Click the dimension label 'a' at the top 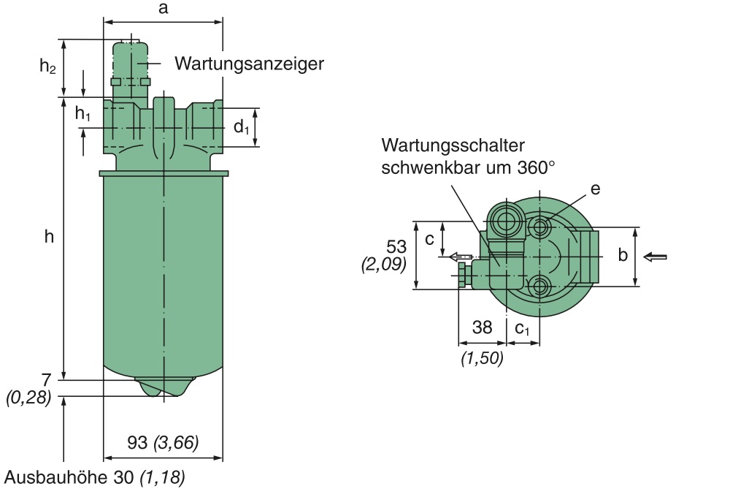pos(163,9)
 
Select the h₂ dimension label pos(47,67)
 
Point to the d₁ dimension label pos(242,127)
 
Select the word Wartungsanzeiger pos(249,64)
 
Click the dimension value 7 pos(46,380)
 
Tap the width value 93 pos(135,442)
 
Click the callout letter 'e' pos(595,189)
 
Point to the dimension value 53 pos(396,246)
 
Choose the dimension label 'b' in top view pos(622,255)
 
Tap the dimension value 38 pos(482,327)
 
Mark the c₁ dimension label pos(523,328)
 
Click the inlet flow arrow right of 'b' pos(656,257)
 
